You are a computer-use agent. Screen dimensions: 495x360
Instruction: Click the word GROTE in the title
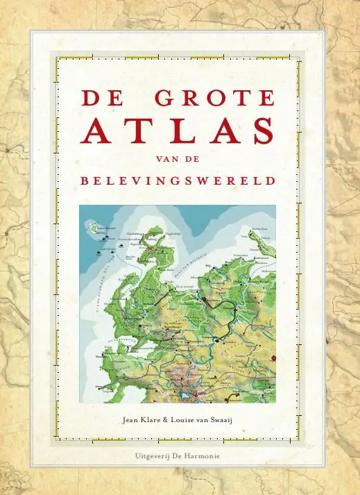click(215, 98)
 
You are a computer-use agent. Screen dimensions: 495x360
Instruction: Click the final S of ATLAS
click(261, 131)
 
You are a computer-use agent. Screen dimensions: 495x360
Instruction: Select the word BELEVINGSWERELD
click(178, 181)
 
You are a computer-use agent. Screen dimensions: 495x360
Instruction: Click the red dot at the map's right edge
click(274, 358)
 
